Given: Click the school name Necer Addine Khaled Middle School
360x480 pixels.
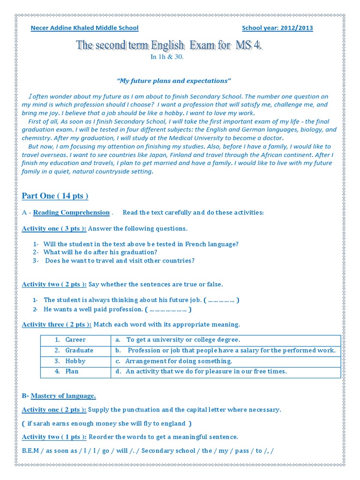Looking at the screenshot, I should [x=84, y=28].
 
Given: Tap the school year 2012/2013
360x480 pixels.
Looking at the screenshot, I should [x=277, y=28].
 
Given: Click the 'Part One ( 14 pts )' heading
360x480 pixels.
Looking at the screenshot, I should [x=55, y=195].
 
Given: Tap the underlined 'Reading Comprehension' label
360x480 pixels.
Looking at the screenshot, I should [x=71, y=212].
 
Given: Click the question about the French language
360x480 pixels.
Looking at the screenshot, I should [x=141, y=244].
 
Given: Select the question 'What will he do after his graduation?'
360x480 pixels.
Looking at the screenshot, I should [x=100, y=252].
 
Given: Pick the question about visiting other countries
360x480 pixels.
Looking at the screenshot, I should [x=120, y=260].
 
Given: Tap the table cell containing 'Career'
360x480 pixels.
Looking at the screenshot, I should [x=75, y=339].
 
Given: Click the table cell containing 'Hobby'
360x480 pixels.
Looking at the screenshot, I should [x=75, y=361].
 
